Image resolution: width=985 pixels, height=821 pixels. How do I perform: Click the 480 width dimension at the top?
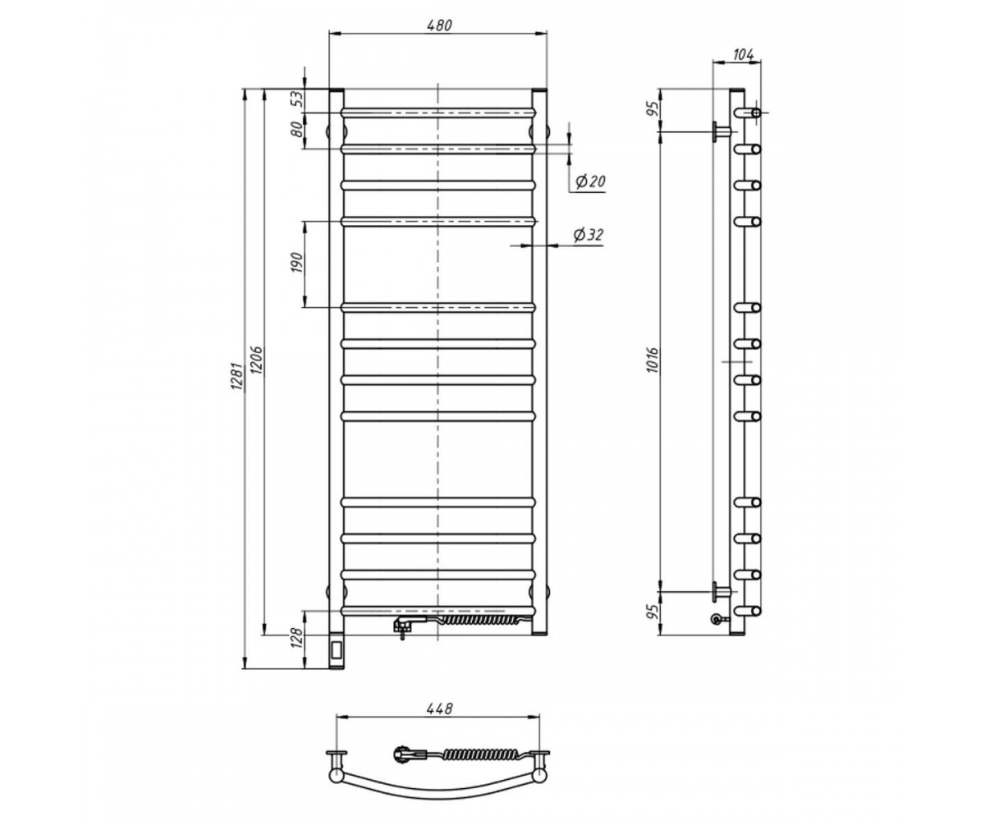point(439,25)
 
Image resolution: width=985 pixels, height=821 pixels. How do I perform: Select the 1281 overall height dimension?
point(237,376)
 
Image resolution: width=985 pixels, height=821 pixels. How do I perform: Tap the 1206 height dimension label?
point(257,361)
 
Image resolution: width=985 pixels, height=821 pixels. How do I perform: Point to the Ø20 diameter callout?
point(590,181)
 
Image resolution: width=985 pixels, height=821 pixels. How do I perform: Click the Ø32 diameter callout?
point(589,235)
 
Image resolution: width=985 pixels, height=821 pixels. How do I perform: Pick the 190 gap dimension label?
point(296,264)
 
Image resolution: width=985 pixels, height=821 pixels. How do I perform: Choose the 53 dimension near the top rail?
point(296,99)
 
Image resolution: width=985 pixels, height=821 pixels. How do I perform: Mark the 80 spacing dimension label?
point(296,129)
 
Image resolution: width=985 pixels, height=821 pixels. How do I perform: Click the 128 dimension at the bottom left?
point(296,638)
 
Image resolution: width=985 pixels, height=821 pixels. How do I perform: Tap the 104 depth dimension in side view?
point(744,55)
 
